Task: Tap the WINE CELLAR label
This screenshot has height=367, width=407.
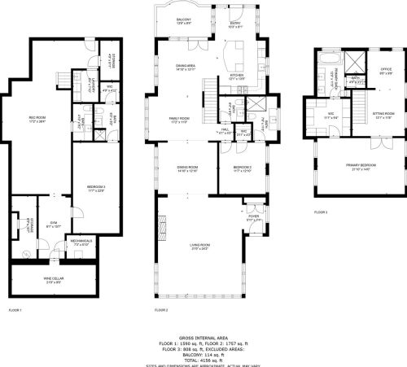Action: [x=46, y=281]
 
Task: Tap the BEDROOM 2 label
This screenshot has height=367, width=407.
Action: [x=242, y=168]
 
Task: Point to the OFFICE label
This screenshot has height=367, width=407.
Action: [x=383, y=70]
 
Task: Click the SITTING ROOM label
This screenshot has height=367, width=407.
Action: [x=383, y=115]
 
